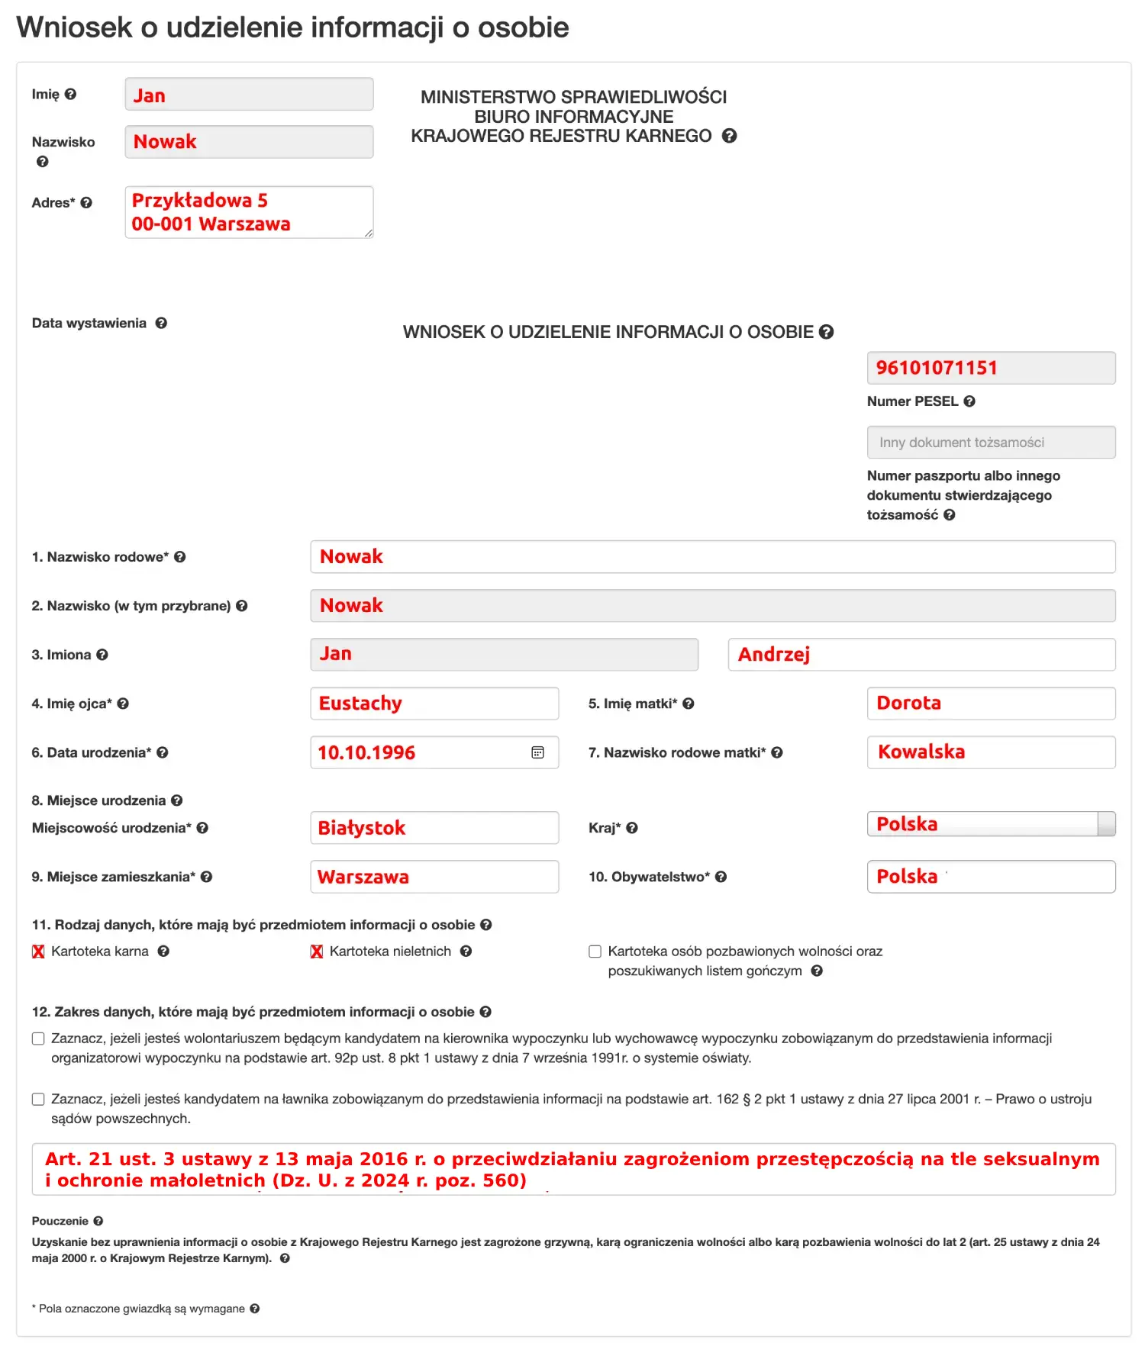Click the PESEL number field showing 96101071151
pyautogui.click(x=990, y=368)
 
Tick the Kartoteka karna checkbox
pyautogui.click(x=38, y=952)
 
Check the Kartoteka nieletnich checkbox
pyautogui.click(x=317, y=952)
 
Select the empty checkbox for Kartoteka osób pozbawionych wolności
pyautogui.click(x=595, y=952)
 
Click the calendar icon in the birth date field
pyautogui.click(x=537, y=752)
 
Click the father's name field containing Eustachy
pyautogui.click(x=434, y=704)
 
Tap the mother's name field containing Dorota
pyautogui.click(x=990, y=704)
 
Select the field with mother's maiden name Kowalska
pyautogui.click(x=990, y=752)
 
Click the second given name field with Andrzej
pyautogui.click(x=921, y=655)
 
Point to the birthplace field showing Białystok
pyautogui.click(x=434, y=828)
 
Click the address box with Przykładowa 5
pyautogui.click(x=249, y=212)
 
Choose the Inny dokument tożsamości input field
pyautogui.click(x=990, y=443)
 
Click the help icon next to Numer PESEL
pyautogui.click(x=969, y=401)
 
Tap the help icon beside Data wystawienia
pyautogui.click(x=161, y=323)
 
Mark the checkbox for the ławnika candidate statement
pyautogui.click(x=38, y=1099)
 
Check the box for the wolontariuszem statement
pyautogui.click(x=38, y=1039)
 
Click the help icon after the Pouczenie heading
pyautogui.click(x=98, y=1221)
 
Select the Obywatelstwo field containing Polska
pyautogui.click(x=990, y=877)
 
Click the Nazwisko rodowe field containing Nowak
pyautogui.click(x=711, y=557)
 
